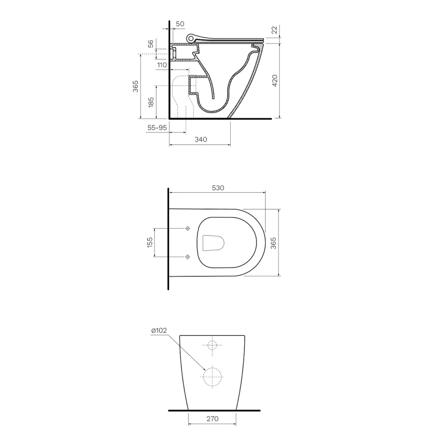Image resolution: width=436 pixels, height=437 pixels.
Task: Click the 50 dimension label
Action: tap(180, 23)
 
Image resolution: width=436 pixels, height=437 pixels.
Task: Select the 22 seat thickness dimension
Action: tap(274, 30)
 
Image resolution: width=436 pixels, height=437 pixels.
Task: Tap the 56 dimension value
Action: tap(150, 44)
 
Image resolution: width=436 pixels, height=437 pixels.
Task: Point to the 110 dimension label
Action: tap(162, 65)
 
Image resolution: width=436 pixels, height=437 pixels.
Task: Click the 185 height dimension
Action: tap(151, 102)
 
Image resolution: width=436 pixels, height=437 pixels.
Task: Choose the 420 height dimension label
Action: tap(274, 81)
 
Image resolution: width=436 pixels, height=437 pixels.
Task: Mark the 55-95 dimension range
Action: tap(157, 127)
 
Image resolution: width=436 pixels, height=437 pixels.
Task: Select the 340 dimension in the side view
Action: tap(201, 140)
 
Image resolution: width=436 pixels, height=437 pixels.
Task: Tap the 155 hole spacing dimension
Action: tap(150, 242)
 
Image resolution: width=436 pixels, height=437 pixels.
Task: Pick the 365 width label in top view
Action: tap(273, 242)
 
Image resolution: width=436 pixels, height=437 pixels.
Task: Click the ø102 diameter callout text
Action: tap(159, 331)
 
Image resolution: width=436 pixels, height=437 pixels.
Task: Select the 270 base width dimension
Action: tap(212, 419)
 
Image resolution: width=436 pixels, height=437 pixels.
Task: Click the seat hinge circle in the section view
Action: tap(190, 38)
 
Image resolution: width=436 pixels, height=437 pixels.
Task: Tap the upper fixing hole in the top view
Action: tap(188, 229)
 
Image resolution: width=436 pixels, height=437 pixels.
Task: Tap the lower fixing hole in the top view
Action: tap(188, 256)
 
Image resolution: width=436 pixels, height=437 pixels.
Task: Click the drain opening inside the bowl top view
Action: tap(214, 242)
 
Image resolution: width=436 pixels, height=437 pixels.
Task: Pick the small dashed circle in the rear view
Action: tap(212, 345)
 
